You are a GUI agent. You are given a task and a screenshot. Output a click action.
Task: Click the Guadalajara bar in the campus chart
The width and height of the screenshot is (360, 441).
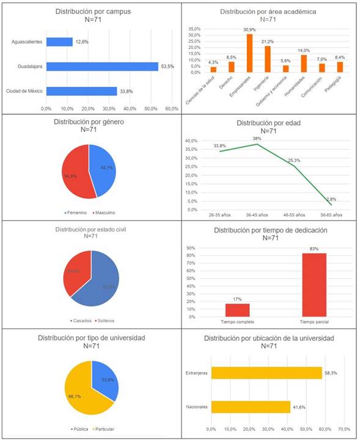[101, 66]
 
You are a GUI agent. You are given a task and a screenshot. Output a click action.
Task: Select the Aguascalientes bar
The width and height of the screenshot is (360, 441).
[59, 42]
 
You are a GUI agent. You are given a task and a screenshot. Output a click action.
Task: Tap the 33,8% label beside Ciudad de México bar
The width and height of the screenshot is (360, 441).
[127, 91]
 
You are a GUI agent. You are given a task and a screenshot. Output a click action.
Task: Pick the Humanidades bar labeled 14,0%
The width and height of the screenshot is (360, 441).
[303, 64]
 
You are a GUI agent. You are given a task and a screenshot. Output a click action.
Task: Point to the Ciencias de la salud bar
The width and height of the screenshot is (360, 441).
[213, 69]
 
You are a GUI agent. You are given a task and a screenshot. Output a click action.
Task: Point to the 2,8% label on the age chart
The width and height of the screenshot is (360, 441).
[331, 200]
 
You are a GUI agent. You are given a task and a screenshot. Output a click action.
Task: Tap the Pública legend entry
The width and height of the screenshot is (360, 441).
[77, 429]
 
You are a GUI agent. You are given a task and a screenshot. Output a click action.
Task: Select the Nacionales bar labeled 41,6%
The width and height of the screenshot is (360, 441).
[251, 407]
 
